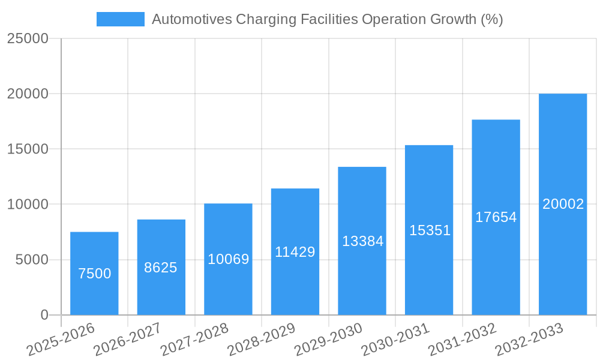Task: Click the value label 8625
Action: (x=161, y=268)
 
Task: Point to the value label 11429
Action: (x=295, y=252)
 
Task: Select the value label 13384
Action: (x=362, y=241)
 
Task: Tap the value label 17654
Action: (x=496, y=217)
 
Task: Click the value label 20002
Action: (x=563, y=204)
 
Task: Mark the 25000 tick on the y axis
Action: (x=27, y=39)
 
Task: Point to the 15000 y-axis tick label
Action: (x=27, y=149)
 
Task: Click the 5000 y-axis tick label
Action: (x=31, y=260)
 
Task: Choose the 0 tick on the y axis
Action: (x=44, y=315)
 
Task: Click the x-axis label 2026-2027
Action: (x=127, y=339)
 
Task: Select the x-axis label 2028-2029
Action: (x=261, y=339)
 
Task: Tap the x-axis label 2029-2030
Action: (x=328, y=339)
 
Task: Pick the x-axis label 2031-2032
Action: (x=462, y=339)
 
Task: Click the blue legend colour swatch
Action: (x=120, y=19)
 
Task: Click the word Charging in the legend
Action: (x=263, y=19)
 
